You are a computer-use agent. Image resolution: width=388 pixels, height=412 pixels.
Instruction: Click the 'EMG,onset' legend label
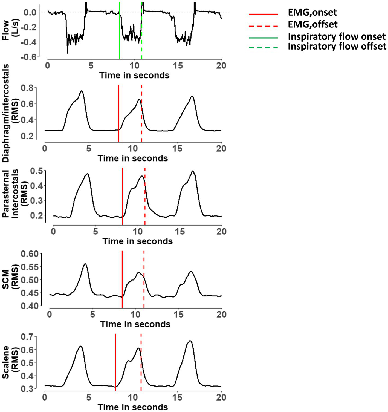(x=312, y=13)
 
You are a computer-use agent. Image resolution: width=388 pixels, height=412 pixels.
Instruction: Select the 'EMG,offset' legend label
(x=312, y=24)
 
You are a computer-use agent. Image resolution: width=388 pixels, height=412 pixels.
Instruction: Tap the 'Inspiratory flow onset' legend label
(x=337, y=37)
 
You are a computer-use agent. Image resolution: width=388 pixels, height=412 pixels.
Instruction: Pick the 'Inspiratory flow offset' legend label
(x=337, y=46)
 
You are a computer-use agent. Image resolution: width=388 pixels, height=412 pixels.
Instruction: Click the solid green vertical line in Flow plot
(x=120, y=30)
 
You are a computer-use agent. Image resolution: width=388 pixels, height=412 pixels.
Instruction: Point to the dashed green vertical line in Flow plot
(x=141, y=30)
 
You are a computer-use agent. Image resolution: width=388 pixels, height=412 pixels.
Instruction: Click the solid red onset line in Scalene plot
(x=115, y=361)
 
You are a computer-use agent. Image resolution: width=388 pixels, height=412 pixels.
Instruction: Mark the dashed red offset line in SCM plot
(x=144, y=279)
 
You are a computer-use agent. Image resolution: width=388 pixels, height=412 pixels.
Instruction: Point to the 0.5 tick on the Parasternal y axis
(x=37, y=171)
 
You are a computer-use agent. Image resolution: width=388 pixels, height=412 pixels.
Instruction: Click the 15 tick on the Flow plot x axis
(x=178, y=66)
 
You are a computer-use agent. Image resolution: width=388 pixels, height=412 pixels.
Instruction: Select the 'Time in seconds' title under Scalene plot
(x=133, y=407)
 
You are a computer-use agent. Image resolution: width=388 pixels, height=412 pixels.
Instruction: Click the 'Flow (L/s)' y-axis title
(x=10, y=30)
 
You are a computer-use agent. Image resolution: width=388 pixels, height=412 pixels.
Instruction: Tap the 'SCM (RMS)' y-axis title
(x=10, y=279)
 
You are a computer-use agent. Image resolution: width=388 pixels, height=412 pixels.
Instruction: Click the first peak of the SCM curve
(x=85, y=264)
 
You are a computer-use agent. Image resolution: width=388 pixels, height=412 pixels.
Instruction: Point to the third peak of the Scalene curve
(x=190, y=341)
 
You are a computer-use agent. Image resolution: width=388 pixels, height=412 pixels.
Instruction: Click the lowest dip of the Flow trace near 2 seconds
(x=68, y=53)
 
